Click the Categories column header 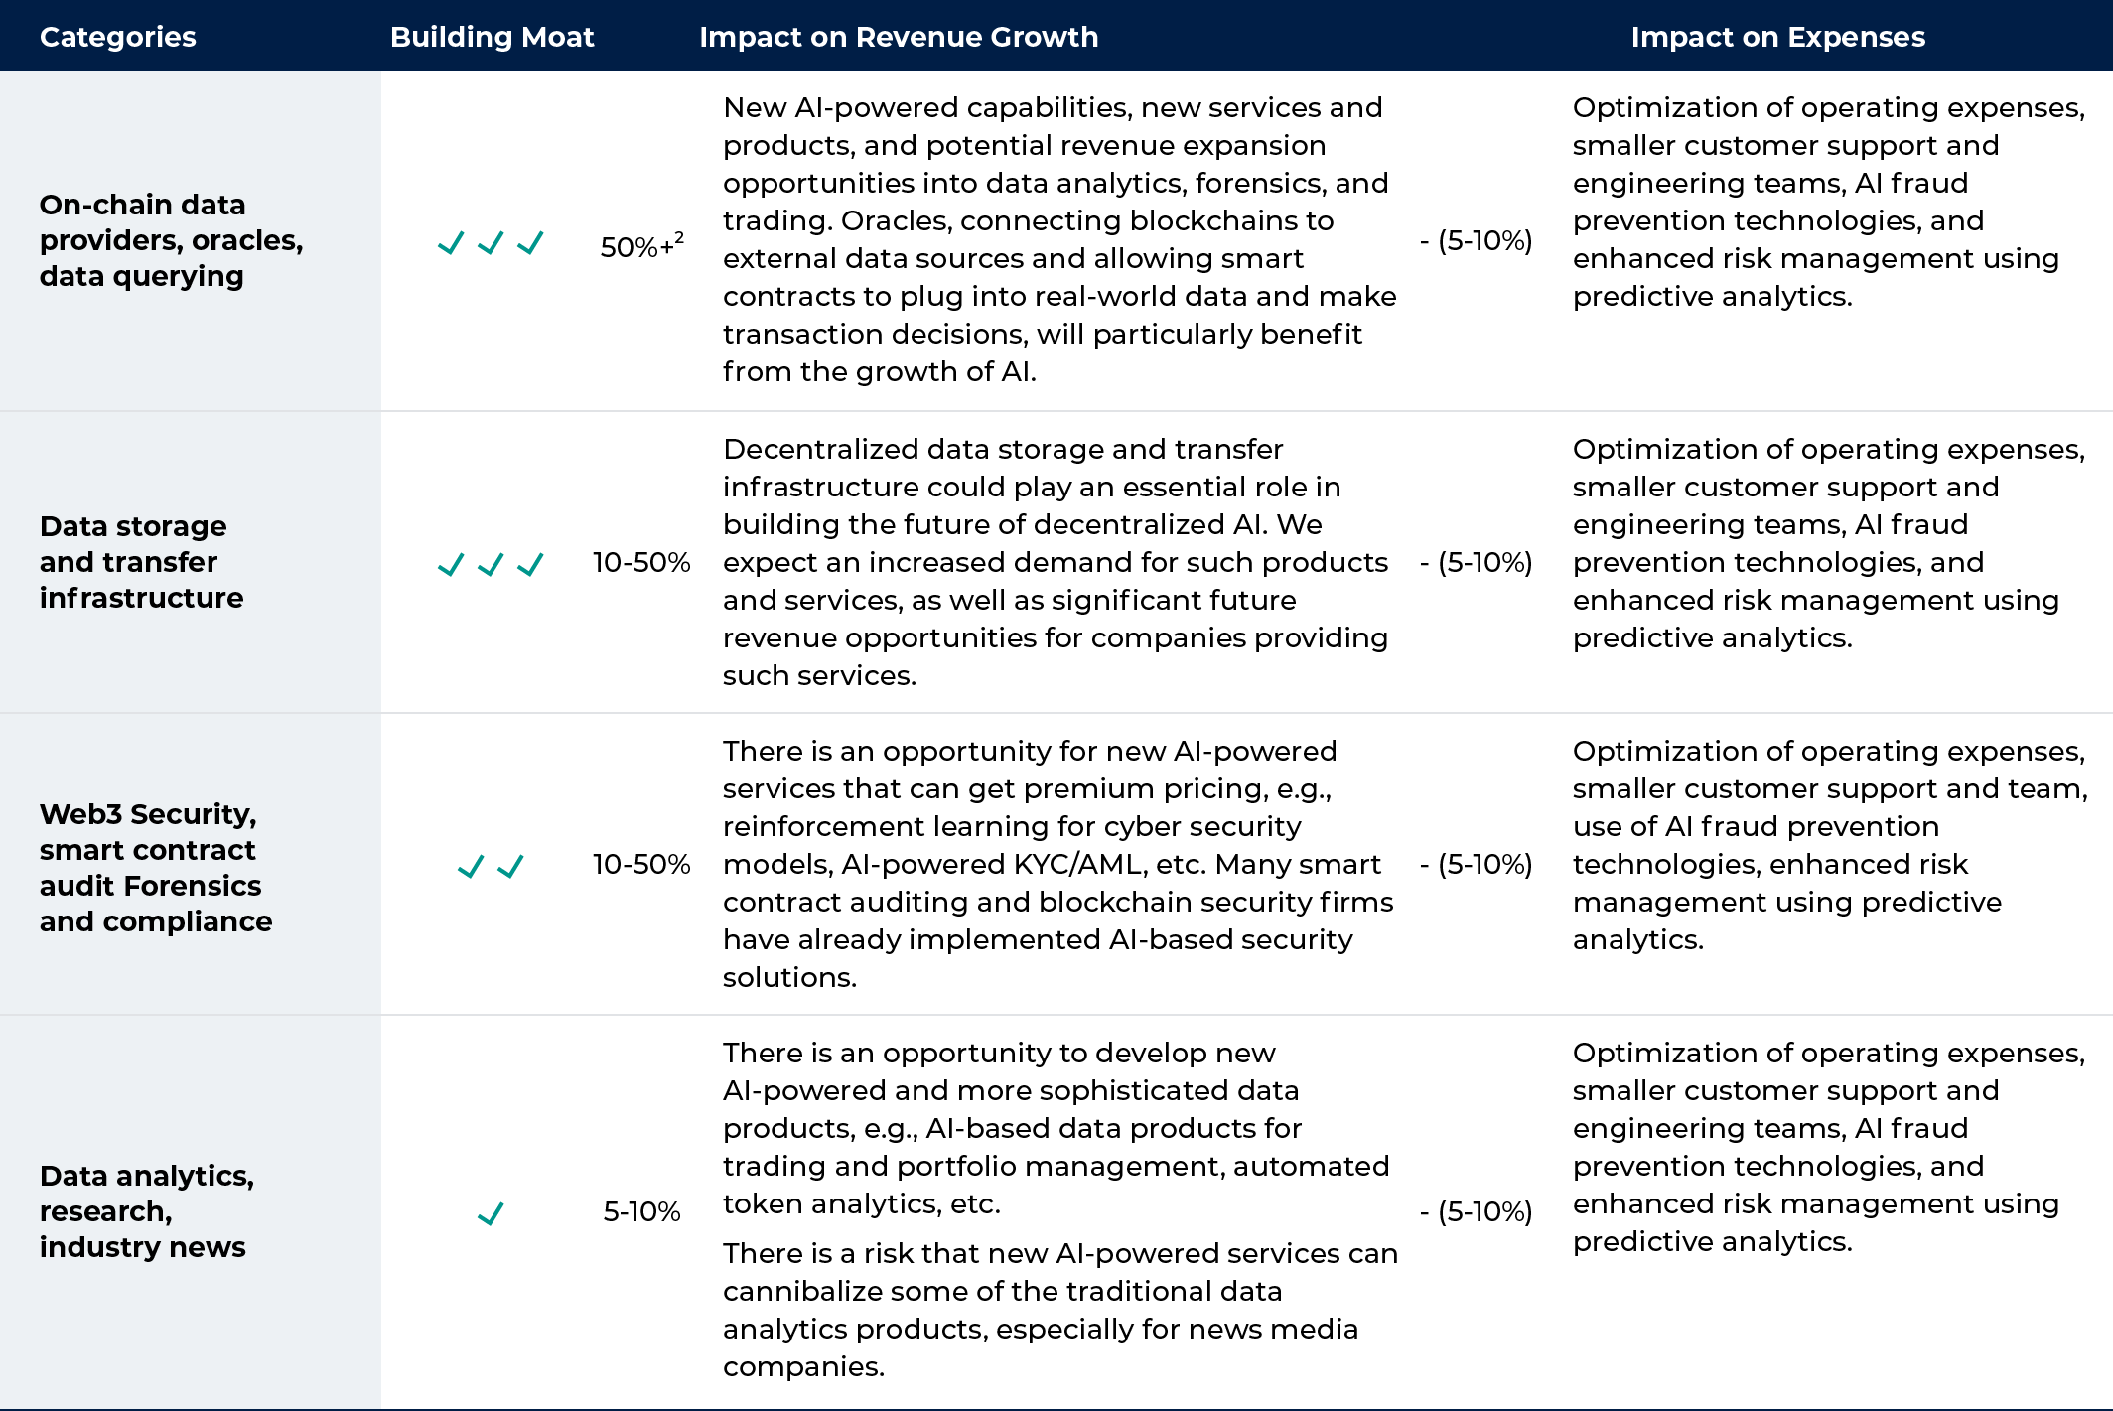click(x=117, y=37)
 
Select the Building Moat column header click(x=492, y=37)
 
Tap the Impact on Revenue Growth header click(x=899, y=37)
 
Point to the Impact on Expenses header click(x=1777, y=37)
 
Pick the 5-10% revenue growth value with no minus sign click(x=641, y=1211)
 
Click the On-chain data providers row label click(x=171, y=240)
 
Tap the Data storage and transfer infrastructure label click(x=141, y=562)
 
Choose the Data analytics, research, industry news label click(x=146, y=1211)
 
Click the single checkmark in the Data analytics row click(x=491, y=1213)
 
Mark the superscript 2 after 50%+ click(x=679, y=237)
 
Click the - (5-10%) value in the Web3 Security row click(x=1476, y=864)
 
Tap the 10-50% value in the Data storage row click(x=641, y=562)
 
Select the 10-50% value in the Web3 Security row click(x=641, y=864)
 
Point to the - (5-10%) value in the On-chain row click(x=1476, y=240)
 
